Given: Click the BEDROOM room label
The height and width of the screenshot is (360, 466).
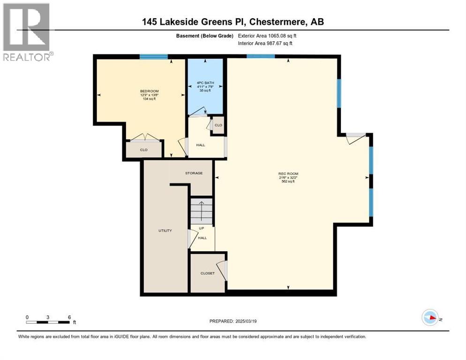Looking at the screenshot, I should coord(149,91).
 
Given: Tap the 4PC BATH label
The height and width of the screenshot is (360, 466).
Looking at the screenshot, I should coord(205,83).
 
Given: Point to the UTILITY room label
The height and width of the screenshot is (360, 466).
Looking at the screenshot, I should coord(165,230).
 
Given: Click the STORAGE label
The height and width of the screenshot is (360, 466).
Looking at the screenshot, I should coord(194,173).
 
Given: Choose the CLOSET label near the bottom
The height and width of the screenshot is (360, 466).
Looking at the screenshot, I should coord(207,273).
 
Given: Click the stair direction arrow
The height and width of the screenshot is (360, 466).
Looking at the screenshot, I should coord(201,211).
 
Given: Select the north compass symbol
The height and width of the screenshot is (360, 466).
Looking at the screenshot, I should coord(430,317).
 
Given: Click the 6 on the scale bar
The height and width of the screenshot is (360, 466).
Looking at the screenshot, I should coord(69,317).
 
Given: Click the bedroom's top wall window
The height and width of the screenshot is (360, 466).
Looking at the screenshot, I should coord(153,57).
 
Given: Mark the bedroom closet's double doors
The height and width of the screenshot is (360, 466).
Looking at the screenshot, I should coord(144,138).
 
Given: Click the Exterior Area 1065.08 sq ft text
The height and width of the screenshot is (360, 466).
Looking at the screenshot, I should coord(267,36).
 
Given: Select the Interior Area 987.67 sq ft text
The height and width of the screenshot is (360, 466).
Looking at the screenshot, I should coord(266,44).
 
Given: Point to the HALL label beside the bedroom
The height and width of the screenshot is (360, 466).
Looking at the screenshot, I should coord(200,145).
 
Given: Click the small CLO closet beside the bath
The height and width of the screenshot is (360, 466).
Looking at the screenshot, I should coord(218,125).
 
